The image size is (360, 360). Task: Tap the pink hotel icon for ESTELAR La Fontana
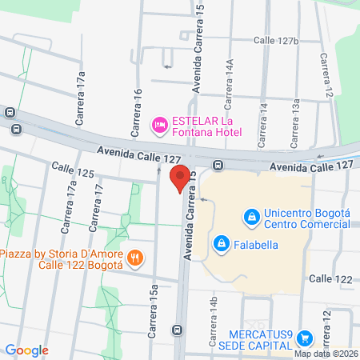point(159,125)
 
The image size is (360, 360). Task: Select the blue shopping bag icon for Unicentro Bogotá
point(252,216)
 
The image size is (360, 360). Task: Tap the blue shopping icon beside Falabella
point(220,242)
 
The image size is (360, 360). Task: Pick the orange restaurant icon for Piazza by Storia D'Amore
point(136,258)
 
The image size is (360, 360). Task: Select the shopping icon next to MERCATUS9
point(303,339)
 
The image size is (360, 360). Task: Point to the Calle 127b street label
point(276,40)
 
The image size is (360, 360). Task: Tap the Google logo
point(26,350)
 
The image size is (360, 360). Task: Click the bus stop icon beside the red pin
point(218,166)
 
